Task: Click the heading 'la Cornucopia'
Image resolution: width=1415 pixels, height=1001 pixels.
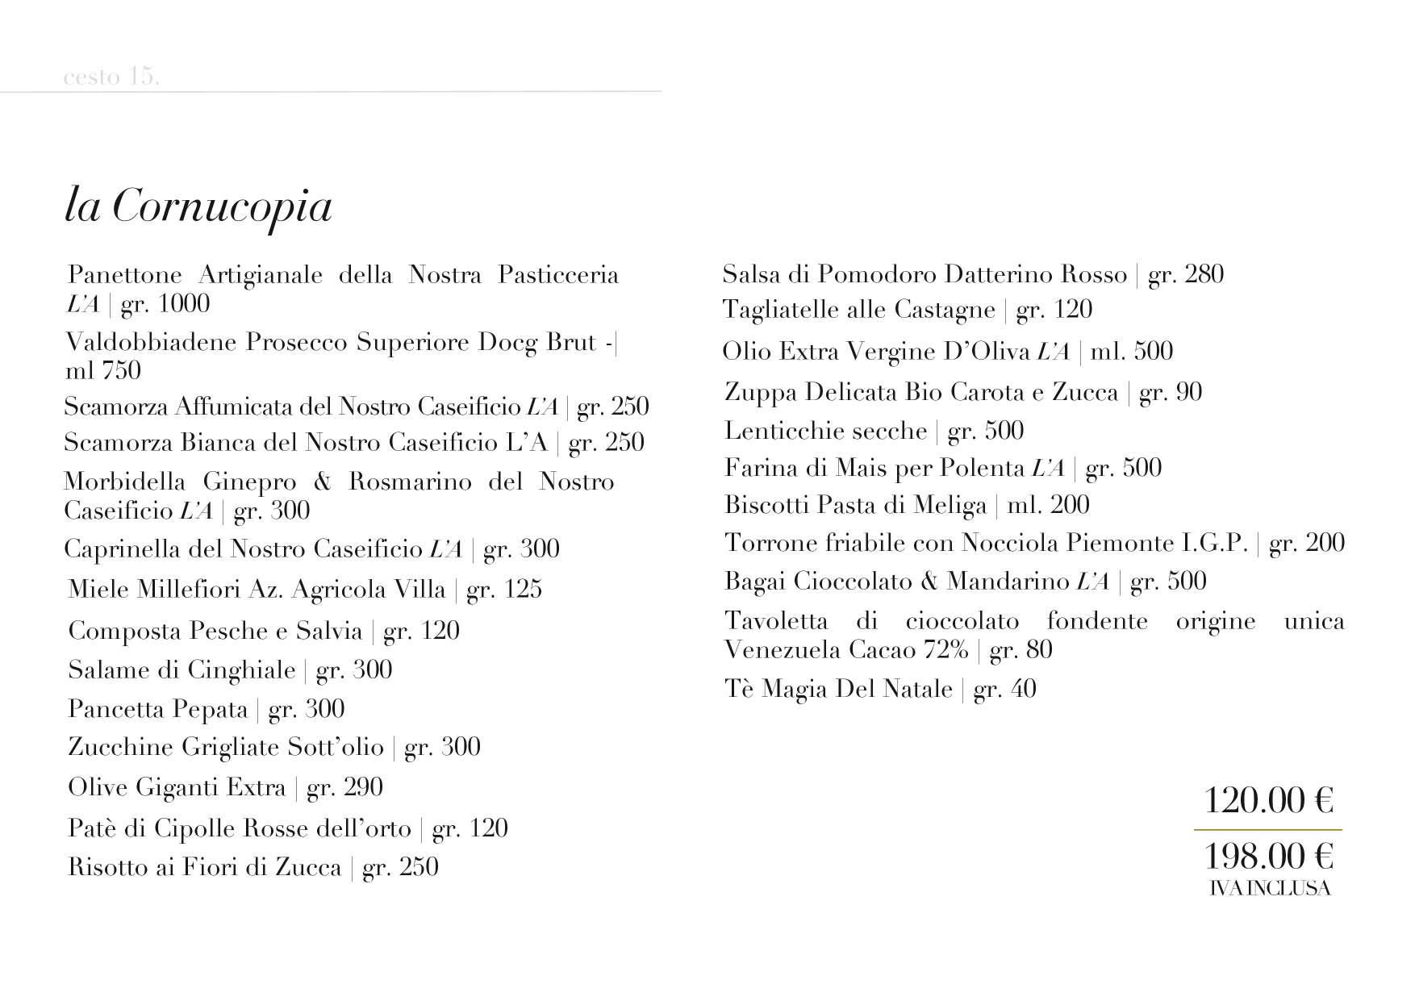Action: click(198, 207)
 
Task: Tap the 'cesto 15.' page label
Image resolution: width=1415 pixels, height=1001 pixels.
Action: click(111, 77)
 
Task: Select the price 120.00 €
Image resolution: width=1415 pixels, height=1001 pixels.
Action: click(1268, 801)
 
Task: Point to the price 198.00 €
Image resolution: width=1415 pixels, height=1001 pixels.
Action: click(1268, 855)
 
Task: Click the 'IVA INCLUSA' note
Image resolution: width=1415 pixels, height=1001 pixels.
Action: click(1270, 889)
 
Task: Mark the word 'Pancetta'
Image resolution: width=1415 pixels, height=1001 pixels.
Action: click(116, 710)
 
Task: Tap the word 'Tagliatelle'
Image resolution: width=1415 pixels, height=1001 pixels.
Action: click(780, 310)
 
